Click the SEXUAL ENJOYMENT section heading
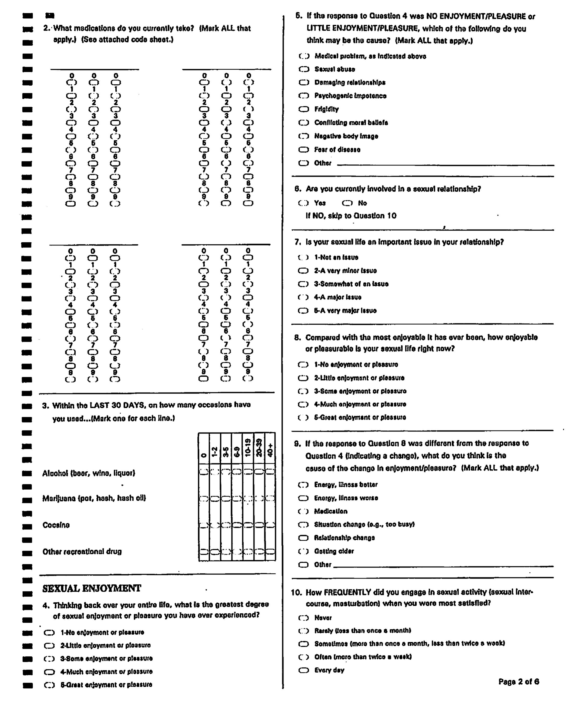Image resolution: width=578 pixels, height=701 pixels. pyautogui.click(x=92, y=589)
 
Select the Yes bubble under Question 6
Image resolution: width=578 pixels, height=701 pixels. pyautogui.click(x=303, y=203)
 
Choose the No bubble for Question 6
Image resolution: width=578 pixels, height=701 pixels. pyautogui.click(x=347, y=203)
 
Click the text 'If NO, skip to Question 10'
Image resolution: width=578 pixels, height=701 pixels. pyautogui.click(x=351, y=216)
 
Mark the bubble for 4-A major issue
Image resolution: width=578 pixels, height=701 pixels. pyautogui.click(x=303, y=297)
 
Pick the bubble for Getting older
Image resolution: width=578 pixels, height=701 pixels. pyautogui.click(x=303, y=551)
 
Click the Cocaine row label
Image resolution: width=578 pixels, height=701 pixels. pyautogui.click(x=56, y=525)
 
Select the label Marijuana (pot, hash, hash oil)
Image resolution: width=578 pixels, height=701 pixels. pyautogui.click(x=94, y=498)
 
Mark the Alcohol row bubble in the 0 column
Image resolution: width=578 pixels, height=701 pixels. pyautogui.click(x=204, y=471)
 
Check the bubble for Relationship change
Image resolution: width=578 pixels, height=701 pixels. pyautogui.click(x=303, y=538)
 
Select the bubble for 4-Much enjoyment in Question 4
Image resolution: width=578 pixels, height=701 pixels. pyautogui.click(x=49, y=672)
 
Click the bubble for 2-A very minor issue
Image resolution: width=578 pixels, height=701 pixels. pyautogui.click(x=303, y=271)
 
